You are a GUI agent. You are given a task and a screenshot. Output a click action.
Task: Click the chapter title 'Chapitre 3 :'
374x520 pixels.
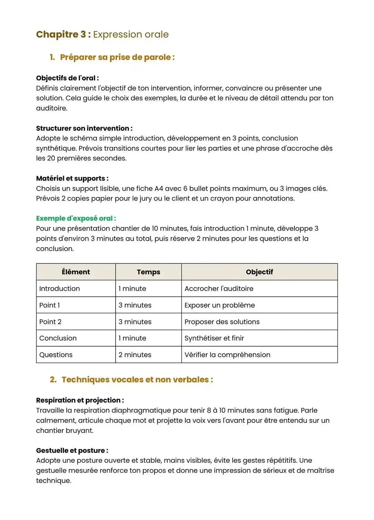pyautogui.click(x=63, y=34)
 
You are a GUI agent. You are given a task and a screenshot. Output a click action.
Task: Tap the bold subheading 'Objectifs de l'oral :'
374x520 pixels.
pyautogui.click(x=67, y=78)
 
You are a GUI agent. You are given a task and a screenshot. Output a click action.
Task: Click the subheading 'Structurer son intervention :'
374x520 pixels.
pyautogui.click(x=84, y=128)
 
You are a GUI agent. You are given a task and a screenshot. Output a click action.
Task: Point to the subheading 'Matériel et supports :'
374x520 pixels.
pyautogui.click(x=72, y=178)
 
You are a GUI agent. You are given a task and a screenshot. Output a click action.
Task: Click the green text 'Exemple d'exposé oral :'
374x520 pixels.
pyautogui.click(x=76, y=218)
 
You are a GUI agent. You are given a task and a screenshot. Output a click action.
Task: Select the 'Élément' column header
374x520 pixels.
pyautogui.click(x=76, y=272)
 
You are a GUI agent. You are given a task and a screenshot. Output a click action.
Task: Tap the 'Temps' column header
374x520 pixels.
pyautogui.click(x=148, y=272)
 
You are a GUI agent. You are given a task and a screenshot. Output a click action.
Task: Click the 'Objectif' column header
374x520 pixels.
pyautogui.click(x=259, y=272)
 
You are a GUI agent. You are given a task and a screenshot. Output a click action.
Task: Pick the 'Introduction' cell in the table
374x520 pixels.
pyautogui.click(x=60, y=289)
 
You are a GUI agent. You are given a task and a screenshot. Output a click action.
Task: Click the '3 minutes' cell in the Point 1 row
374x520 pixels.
pyautogui.click(x=135, y=305)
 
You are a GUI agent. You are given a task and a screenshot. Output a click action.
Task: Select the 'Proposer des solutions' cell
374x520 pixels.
pyautogui.click(x=222, y=322)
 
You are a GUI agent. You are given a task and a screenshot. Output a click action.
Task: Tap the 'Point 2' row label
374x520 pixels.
pyautogui.click(x=50, y=322)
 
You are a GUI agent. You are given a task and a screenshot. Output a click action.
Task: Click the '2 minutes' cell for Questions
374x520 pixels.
pyautogui.click(x=135, y=355)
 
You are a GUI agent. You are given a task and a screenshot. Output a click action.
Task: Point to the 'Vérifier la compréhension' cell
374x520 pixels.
pyautogui.click(x=227, y=355)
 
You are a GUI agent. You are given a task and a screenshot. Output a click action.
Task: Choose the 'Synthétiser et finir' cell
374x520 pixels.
pyautogui.click(x=214, y=338)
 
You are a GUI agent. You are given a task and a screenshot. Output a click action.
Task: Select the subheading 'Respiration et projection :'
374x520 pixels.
pyautogui.click(x=80, y=400)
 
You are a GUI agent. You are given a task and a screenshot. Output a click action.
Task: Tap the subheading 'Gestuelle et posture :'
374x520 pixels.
pyautogui.click(x=72, y=450)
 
